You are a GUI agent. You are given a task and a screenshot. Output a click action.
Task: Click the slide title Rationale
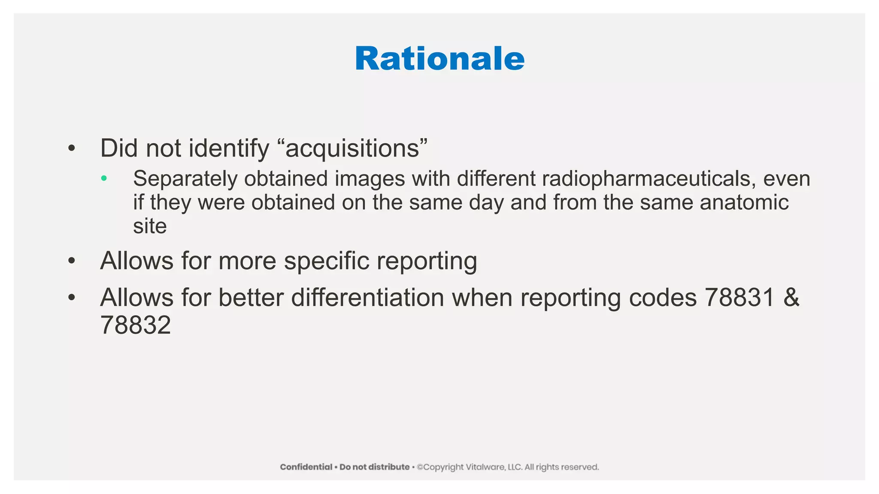439,59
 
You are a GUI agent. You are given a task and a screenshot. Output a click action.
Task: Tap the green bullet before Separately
104,178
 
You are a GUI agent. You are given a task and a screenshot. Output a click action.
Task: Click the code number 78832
136,325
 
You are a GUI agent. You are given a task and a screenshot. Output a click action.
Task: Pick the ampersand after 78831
791,297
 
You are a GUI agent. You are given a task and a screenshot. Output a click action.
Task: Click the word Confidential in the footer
306,467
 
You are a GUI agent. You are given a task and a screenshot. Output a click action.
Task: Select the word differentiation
367,297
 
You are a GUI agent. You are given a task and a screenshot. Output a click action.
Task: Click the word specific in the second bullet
326,261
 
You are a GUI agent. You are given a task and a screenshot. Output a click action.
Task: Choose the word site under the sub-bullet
150,226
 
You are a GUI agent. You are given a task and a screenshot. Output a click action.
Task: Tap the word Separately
185,178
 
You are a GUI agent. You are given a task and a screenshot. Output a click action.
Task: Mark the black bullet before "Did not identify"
72,149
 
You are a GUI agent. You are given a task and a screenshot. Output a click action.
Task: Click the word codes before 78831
662,297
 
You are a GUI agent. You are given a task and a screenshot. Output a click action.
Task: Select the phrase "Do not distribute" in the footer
374,467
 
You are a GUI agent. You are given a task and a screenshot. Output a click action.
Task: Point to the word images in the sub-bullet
370,178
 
